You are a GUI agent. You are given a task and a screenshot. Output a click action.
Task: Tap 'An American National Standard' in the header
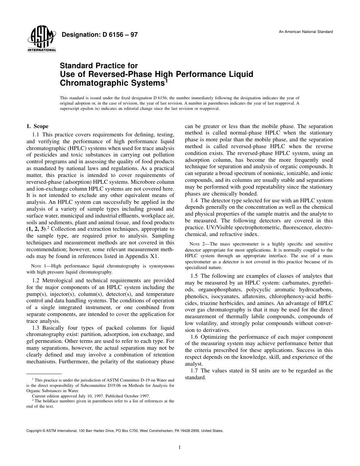(x=306, y=31)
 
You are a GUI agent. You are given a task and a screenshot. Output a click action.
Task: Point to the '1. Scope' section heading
(x=38, y=126)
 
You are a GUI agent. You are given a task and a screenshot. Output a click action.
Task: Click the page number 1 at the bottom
(x=180, y=447)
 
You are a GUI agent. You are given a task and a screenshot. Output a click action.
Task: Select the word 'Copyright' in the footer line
(x=34, y=431)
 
